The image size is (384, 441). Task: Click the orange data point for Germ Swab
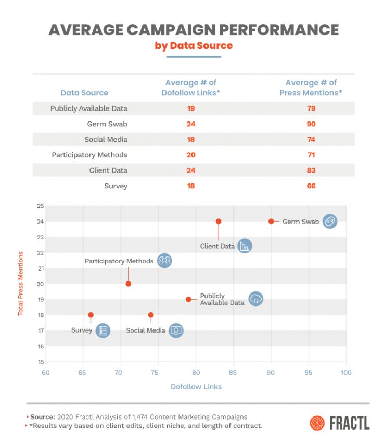pyautogui.click(x=271, y=221)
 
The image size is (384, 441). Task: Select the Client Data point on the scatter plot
pyautogui.click(x=219, y=221)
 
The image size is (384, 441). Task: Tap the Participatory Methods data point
pyautogui.click(x=129, y=284)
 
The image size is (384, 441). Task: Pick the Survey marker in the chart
pyautogui.click(x=91, y=315)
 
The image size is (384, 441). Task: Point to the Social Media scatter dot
pyautogui.click(x=151, y=315)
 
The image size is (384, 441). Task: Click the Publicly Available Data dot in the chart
pyautogui.click(x=188, y=299)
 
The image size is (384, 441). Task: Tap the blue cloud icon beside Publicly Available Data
pyautogui.click(x=255, y=299)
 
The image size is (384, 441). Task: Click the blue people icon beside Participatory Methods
pyautogui.click(x=164, y=261)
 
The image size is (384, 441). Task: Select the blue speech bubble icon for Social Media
pyautogui.click(x=176, y=330)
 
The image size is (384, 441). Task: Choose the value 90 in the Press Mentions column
pyautogui.click(x=311, y=124)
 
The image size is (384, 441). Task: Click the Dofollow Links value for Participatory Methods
pyautogui.click(x=191, y=155)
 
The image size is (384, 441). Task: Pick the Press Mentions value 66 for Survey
pyautogui.click(x=311, y=186)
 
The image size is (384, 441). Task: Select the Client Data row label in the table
pyautogui.click(x=108, y=170)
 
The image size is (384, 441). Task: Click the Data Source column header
pyautogui.click(x=84, y=93)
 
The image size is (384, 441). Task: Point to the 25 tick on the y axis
pyautogui.click(x=40, y=206)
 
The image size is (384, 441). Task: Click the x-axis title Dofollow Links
pyautogui.click(x=196, y=387)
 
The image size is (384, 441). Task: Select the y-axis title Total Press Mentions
pyautogui.click(x=21, y=284)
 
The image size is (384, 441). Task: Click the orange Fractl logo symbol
pyautogui.click(x=317, y=423)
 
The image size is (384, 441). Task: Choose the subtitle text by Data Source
pyautogui.click(x=194, y=46)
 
